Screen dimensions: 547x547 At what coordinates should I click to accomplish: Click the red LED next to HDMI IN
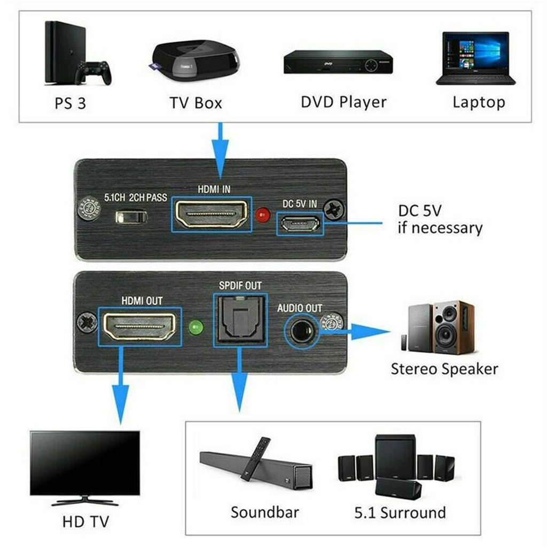[x=262, y=216]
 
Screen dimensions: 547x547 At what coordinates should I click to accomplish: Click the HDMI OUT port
[x=140, y=326]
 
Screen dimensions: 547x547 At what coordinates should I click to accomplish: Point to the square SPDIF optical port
[x=239, y=319]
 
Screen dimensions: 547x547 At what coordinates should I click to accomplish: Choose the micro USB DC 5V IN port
[x=299, y=224]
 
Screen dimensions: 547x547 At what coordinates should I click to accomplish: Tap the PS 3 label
[x=70, y=103]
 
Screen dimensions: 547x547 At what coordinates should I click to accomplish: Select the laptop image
[x=476, y=58]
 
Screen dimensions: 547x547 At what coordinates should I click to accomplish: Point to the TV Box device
[x=196, y=60]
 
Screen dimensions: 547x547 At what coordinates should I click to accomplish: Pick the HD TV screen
[x=85, y=463]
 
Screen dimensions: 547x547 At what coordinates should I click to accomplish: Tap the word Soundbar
[x=264, y=512]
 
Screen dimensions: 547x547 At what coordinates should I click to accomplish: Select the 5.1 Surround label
[x=400, y=513]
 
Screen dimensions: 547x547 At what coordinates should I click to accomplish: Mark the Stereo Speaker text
[x=444, y=369]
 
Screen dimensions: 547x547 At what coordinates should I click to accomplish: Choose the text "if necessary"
[x=440, y=228]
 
